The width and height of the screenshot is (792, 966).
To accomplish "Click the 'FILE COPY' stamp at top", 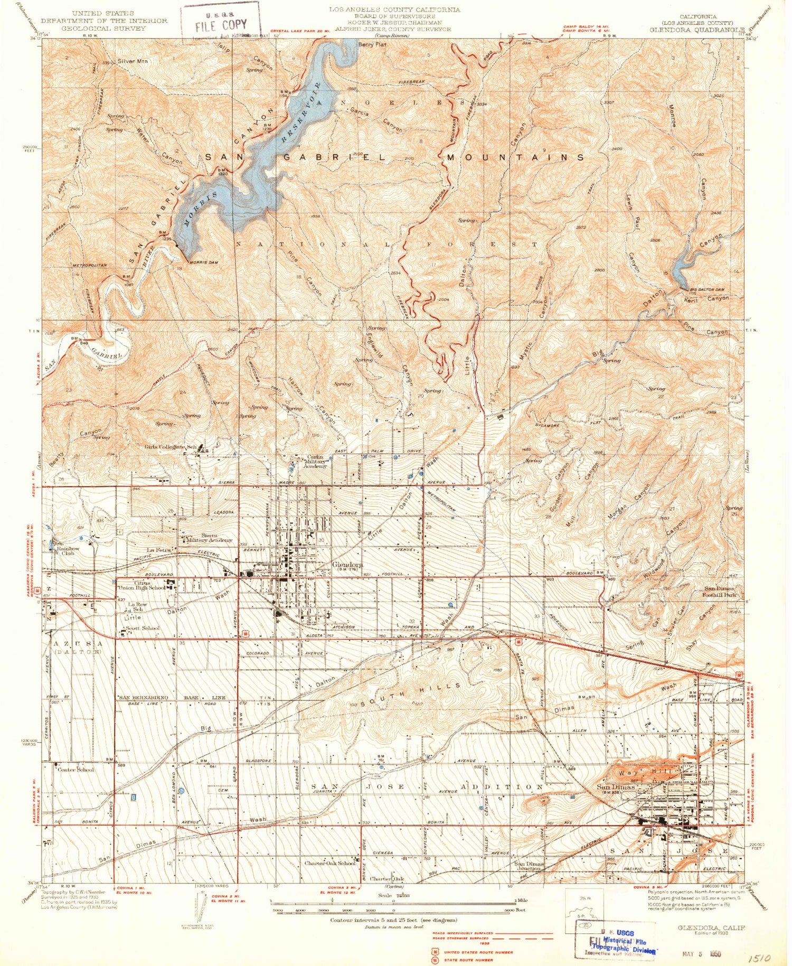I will tap(220, 25).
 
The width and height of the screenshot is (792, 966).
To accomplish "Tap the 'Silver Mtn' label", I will tap(133, 61).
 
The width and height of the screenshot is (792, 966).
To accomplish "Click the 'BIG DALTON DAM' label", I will tap(707, 290).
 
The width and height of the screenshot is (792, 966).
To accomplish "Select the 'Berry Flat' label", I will tap(372, 45).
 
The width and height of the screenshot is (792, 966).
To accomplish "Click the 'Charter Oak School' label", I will tap(329, 863).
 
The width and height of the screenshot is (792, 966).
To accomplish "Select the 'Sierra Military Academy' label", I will tap(209, 538).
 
